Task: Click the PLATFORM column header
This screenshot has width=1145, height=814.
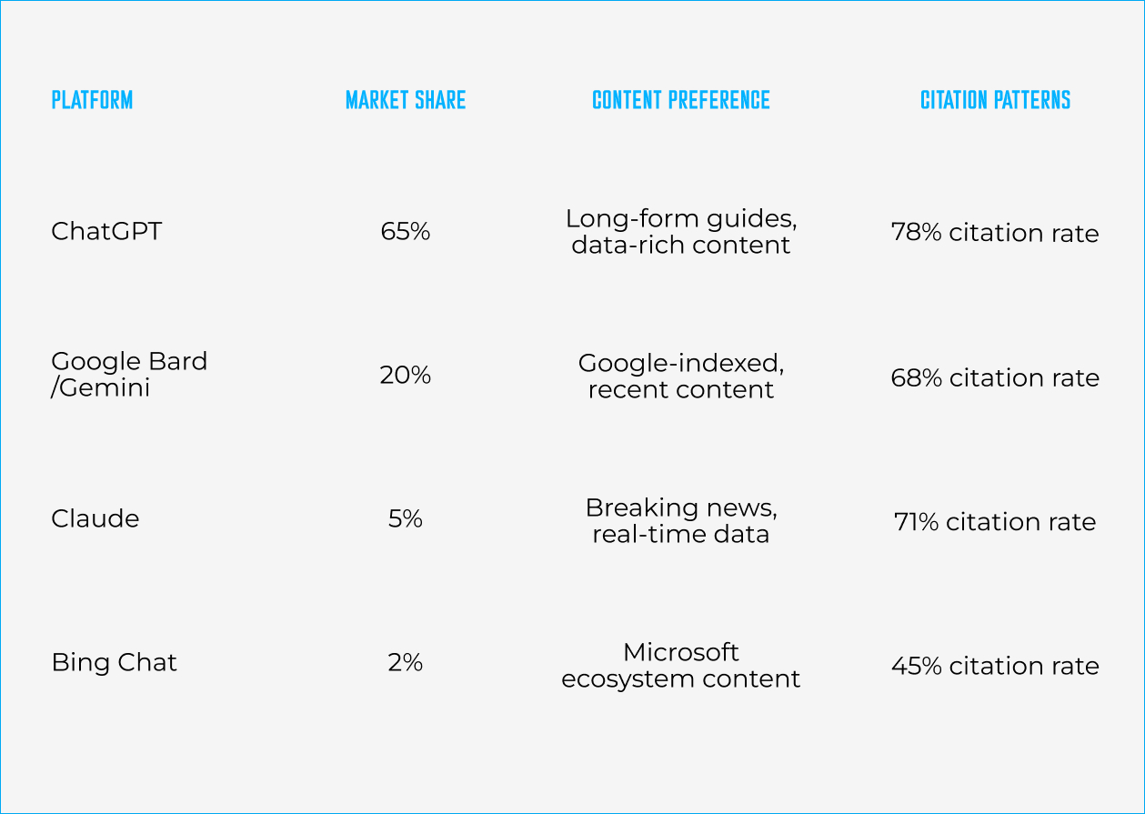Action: (x=92, y=100)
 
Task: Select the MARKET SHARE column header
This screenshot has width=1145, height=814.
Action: (x=406, y=100)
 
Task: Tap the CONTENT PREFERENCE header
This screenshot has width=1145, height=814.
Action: (x=681, y=100)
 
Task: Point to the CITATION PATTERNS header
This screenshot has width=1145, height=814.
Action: (x=995, y=100)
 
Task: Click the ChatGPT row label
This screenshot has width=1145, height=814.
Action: (x=106, y=231)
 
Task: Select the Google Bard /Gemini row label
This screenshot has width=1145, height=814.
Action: (x=129, y=375)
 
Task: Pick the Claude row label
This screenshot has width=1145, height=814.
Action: (x=95, y=518)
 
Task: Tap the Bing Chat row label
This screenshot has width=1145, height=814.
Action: (x=114, y=663)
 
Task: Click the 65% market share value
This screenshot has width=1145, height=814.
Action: (x=406, y=232)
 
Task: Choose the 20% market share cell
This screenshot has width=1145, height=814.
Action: (x=406, y=376)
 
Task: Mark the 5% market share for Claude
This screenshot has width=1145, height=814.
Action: (x=406, y=519)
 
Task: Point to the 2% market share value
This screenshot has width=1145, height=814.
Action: (x=406, y=663)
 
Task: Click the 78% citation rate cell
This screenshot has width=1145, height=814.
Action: (x=995, y=233)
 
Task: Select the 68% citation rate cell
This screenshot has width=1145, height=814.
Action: (x=995, y=377)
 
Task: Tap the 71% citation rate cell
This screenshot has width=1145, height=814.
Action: (x=995, y=522)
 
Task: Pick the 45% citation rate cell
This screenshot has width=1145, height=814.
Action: (x=995, y=666)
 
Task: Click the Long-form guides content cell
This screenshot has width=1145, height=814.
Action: (x=681, y=232)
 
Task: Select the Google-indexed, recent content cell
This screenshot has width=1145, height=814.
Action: (x=681, y=377)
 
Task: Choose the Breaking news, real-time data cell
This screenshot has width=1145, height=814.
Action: (x=681, y=521)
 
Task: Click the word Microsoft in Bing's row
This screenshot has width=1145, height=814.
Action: (x=681, y=652)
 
